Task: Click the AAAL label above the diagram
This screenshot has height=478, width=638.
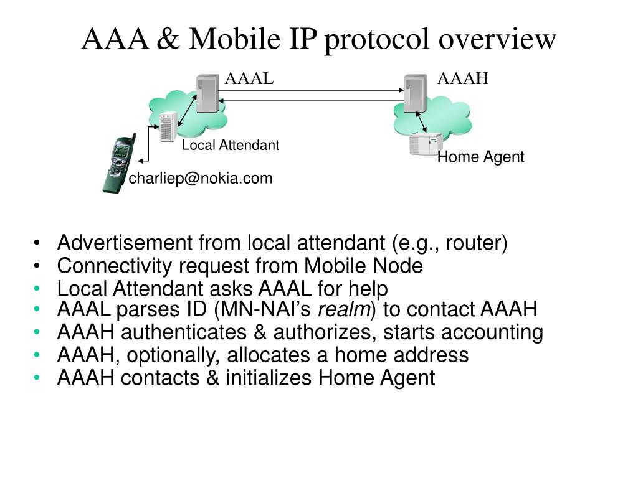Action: (249, 79)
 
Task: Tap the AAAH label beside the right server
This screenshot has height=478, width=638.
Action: (462, 79)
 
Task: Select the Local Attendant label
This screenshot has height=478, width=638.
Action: (231, 146)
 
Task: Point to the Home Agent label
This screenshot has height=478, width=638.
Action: (480, 157)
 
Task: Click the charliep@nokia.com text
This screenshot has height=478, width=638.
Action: (201, 179)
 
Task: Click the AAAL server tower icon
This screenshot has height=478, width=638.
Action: (207, 93)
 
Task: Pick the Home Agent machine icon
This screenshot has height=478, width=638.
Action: (426, 144)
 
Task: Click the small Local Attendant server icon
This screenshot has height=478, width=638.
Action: (168, 127)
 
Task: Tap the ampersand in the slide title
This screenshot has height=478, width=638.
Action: (168, 39)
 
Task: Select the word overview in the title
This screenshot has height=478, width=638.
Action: (497, 39)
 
